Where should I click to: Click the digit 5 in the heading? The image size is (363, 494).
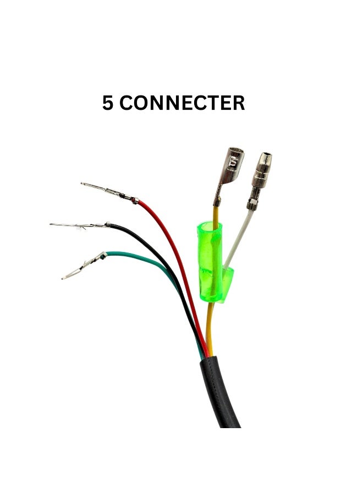coord(107,103)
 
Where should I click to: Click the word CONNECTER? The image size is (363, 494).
coord(182,103)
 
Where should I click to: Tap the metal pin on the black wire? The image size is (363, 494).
coord(80,225)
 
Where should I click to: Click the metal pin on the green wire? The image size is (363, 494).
coord(84,266)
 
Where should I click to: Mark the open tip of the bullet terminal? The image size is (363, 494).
coord(267,155)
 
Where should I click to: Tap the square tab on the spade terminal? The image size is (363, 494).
coord(234,162)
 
